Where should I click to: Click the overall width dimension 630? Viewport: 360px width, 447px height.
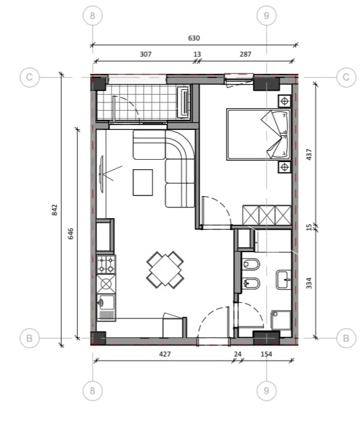click(194, 38)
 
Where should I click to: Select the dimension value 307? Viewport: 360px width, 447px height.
click(145, 54)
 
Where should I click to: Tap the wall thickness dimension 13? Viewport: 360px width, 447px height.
click(197, 54)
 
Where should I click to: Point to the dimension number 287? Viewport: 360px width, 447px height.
click(245, 54)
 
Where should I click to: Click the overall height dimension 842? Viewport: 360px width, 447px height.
click(54, 209)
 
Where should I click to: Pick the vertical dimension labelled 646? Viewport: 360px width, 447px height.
click(71, 233)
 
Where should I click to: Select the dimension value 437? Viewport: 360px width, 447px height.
click(308, 155)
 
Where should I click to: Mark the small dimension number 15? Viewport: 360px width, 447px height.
click(308, 227)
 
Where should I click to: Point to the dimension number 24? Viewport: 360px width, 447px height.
click(238, 354)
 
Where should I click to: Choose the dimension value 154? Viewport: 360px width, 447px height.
click(266, 354)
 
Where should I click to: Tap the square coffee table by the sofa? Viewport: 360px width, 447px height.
click(142, 182)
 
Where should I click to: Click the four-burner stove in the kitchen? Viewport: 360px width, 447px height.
click(106, 263)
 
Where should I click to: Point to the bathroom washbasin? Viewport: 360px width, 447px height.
click(284, 278)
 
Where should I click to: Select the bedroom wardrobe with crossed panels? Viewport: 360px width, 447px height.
click(266, 214)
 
